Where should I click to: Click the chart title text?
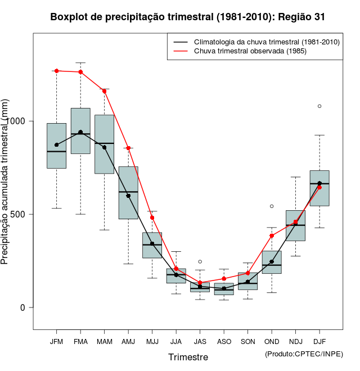[x=187, y=17]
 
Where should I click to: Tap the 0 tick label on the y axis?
[x=23, y=307]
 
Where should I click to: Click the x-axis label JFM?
[x=56, y=341]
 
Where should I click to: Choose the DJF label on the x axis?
[x=319, y=341]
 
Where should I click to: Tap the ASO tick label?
[x=224, y=341]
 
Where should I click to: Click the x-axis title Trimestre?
[x=188, y=357]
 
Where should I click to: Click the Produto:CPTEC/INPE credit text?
[x=304, y=354]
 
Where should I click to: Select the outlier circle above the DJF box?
[x=319, y=106]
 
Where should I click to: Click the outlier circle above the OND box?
[x=272, y=206]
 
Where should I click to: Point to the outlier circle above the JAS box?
[x=200, y=261]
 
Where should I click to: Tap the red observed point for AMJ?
[x=128, y=148]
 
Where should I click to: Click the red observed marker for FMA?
[x=80, y=72]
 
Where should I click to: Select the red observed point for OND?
[x=272, y=236]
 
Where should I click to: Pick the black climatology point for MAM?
[x=104, y=147]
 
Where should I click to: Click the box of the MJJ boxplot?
[x=152, y=245]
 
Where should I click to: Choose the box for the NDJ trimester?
[x=295, y=225]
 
